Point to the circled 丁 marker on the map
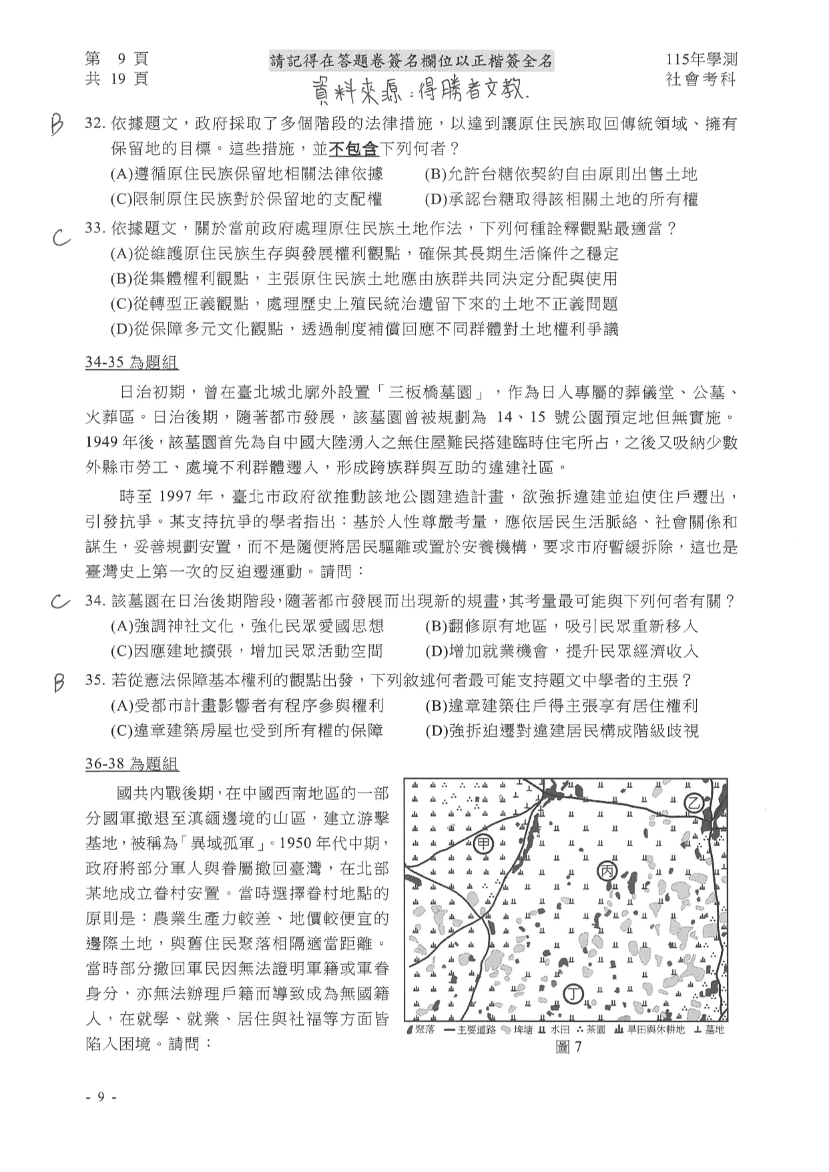[x=573, y=994]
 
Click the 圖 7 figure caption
[x=568, y=1046]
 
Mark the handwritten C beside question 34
[x=60, y=602]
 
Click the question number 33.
[x=96, y=228]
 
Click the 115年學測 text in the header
[x=700, y=59]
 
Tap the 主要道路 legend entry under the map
[x=471, y=1029]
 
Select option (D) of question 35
[x=561, y=731]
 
